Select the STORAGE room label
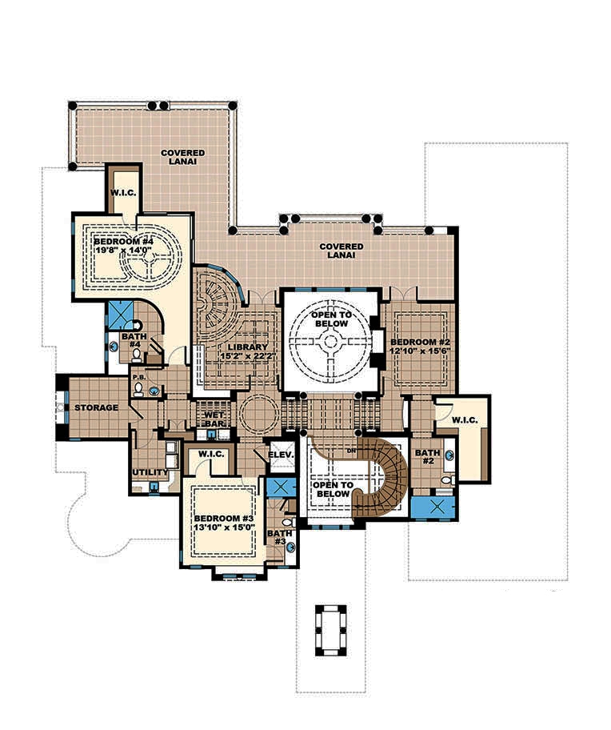(x=96, y=407)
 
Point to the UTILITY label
(x=150, y=472)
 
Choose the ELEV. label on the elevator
(x=282, y=455)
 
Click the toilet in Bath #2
(x=448, y=479)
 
